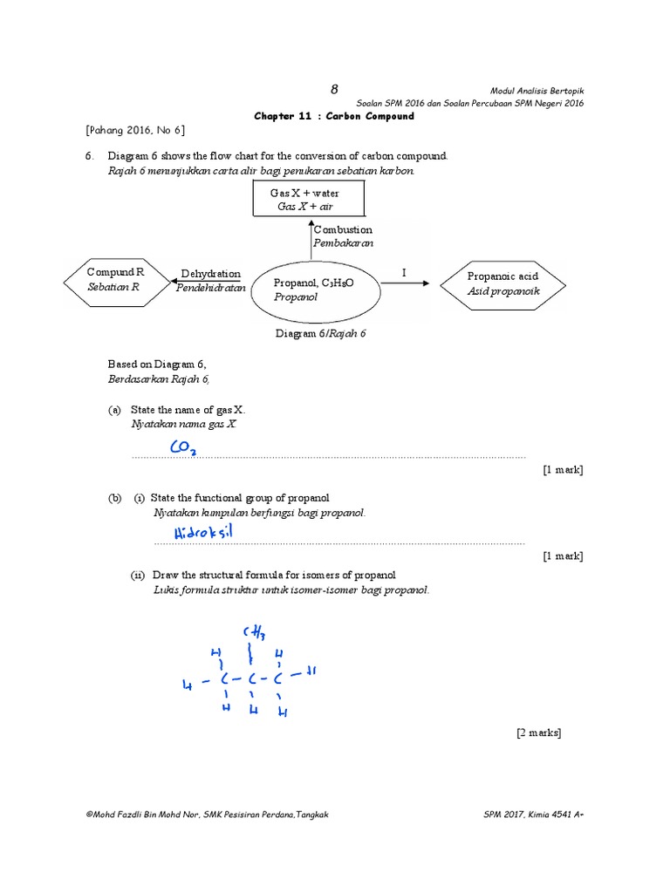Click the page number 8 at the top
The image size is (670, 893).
tap(333, 89)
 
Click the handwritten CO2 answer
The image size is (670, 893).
tap(183, 447)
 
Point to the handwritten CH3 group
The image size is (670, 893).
tap(254, 631)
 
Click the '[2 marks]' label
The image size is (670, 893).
tap(538, 733)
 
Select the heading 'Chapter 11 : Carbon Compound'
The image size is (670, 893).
tap(334, 116)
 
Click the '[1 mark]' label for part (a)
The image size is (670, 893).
tap(563, 470)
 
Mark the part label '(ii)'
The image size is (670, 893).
tap(138, 575)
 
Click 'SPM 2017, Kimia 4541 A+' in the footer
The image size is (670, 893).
tap(533, 815)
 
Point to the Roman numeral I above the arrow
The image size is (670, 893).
tap(404, 273)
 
